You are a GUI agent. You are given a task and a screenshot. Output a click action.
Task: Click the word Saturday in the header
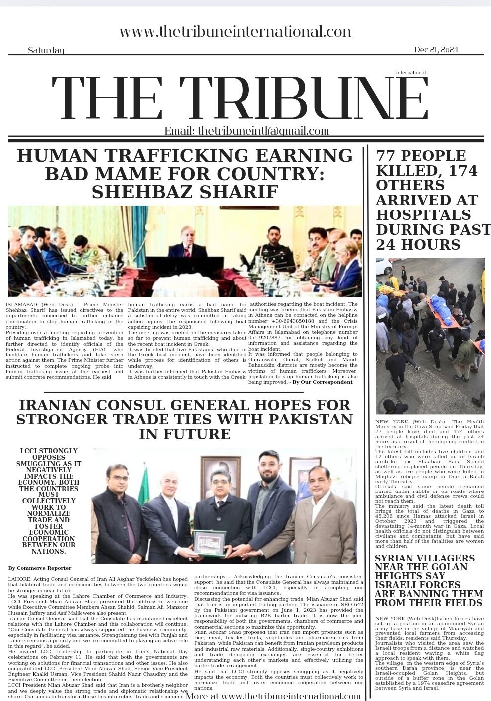tap(46, 50)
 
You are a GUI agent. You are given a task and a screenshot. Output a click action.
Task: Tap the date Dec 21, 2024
tap(436, 50)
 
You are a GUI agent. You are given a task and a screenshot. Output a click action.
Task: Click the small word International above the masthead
tap(410, 73)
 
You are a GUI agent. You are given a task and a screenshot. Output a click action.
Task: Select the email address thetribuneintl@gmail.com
tap(263, 131)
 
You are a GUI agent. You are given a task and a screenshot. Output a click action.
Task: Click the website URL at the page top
tap(235, 32)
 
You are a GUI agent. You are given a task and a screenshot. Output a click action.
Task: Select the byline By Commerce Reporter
tap(40, 568)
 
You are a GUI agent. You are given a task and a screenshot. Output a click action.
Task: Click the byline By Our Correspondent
tap(322, 382)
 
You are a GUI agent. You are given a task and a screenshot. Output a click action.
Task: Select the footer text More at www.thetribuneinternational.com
tap(273, 696)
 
